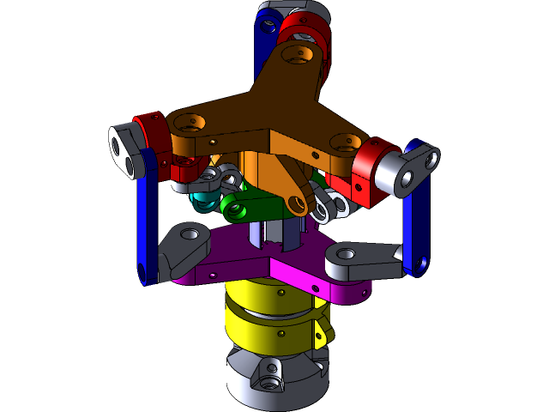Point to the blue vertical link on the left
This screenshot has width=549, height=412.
pos(148,215)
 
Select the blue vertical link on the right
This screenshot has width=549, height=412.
pos(418,215)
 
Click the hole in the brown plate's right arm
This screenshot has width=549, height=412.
pos(348,142)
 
